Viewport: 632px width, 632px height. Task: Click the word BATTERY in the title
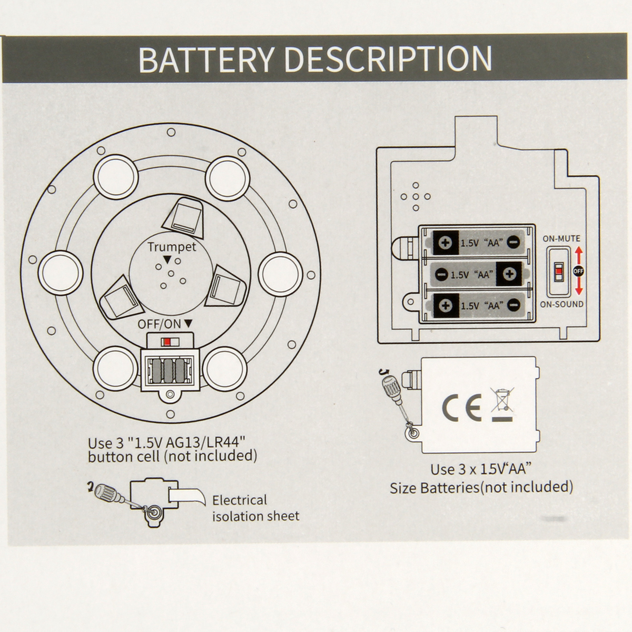pyautogui.click(x=205, y=59)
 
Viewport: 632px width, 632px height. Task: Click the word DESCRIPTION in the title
pyautogui.click(x=388, y=59)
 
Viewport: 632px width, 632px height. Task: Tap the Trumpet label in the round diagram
pyautogui.click(x=171, y=246)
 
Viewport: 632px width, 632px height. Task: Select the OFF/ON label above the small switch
pyautogui.click(x=160, y=324)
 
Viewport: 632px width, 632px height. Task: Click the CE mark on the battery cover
pyautogui.click(x=461, y=406)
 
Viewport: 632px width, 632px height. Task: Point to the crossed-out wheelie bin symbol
pyautogui.click(x=502, y=404)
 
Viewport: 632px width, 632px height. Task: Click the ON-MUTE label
pyautogui.click(x=561, y=239)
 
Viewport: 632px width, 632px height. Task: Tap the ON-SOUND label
pyautogui.click(x=561, y=304)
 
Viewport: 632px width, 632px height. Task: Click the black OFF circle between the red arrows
pyautogui.click(x=578, y=271)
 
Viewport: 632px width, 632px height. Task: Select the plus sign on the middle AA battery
pyautogui.click(x=509, y=274)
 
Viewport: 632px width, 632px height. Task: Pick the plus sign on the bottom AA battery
pyautogui.click(x=446, y=305)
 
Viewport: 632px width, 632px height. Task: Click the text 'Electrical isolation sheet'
pyautogui.click(x=255, y=508)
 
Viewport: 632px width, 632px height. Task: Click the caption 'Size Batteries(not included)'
pyautogui.click(x=481, y=487)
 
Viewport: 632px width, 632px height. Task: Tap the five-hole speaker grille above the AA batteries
pyautogui.click(x=416, y=196)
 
